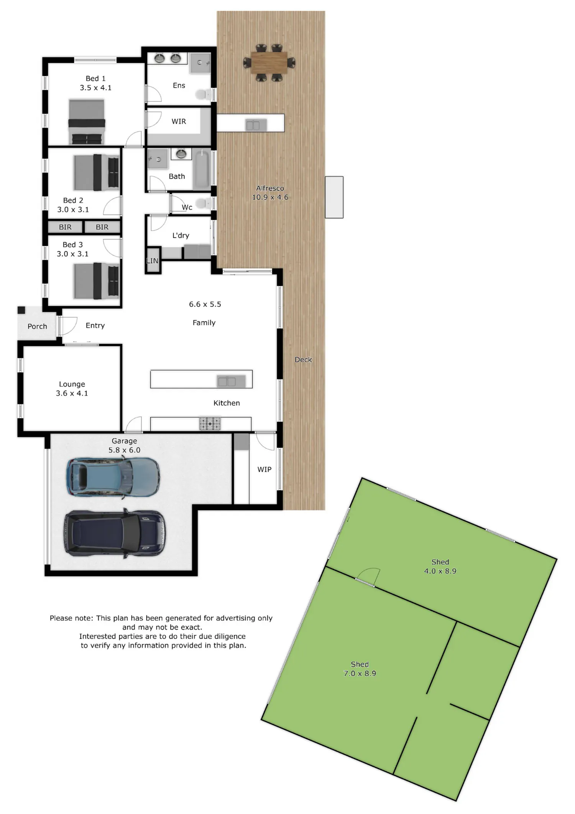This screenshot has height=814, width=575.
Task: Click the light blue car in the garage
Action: (113, 478)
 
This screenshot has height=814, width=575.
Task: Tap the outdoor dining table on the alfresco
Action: (269, 63)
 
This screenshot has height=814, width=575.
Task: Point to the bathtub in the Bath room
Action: (201, 170)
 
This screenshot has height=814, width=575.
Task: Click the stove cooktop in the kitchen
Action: (210, 423)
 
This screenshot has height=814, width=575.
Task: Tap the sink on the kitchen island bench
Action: (227, 381)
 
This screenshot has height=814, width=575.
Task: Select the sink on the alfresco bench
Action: (253, 125)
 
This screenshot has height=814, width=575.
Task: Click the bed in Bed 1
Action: (87, 122)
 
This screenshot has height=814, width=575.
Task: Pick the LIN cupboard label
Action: (152, 261)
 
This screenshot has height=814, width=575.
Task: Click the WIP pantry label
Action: (264, 470)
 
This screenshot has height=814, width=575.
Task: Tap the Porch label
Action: (37, 326)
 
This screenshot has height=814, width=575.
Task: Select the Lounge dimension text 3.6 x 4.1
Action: (72, 393)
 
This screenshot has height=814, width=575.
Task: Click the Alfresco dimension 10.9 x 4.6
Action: (270, 197)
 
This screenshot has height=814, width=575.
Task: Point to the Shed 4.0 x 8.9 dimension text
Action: (440, 571)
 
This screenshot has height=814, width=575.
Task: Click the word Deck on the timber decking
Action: (303, 360)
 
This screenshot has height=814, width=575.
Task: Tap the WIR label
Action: (179, 122)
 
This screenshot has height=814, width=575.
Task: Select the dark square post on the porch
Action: (21, 310)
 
